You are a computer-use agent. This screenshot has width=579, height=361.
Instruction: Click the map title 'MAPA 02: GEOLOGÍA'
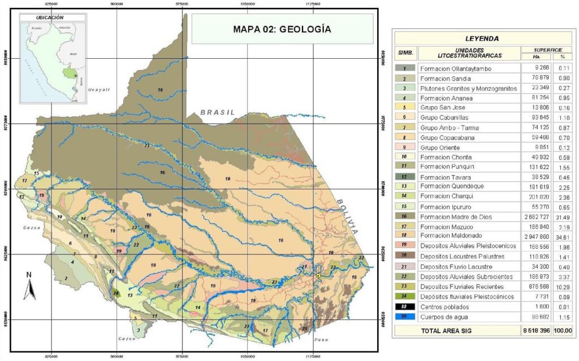(x=282, y=29)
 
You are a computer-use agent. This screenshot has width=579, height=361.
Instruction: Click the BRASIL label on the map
(x=217, y=112)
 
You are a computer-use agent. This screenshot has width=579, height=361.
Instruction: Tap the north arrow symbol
(x=29, y=286)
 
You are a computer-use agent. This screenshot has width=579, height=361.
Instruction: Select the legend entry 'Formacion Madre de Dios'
(x=454, y=216)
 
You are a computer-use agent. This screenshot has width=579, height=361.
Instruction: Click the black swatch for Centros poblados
(x=405, y=306)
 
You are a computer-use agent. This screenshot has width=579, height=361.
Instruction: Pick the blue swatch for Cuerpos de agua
(x=405, y=316)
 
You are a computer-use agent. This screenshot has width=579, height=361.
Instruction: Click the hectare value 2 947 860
(x=534, y=236)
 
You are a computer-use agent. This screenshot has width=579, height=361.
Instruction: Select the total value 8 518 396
(x=534, y=330)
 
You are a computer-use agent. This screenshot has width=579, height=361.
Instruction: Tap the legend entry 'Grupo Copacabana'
(x=447, y=138)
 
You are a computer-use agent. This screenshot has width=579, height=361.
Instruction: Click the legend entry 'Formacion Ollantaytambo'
(x=456, y=69)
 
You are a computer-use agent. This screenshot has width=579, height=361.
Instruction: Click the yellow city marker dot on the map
(x=318, y=275)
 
